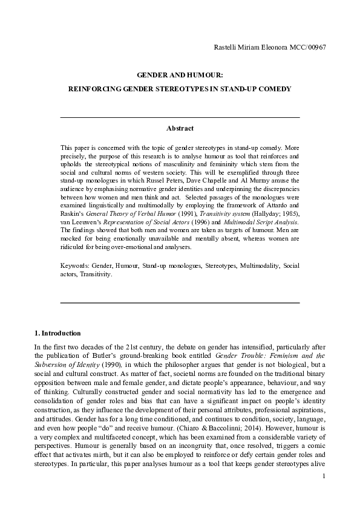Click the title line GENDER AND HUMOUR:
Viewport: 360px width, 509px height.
180,76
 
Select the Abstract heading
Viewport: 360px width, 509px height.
180,128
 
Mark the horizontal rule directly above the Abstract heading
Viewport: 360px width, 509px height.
180,117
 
